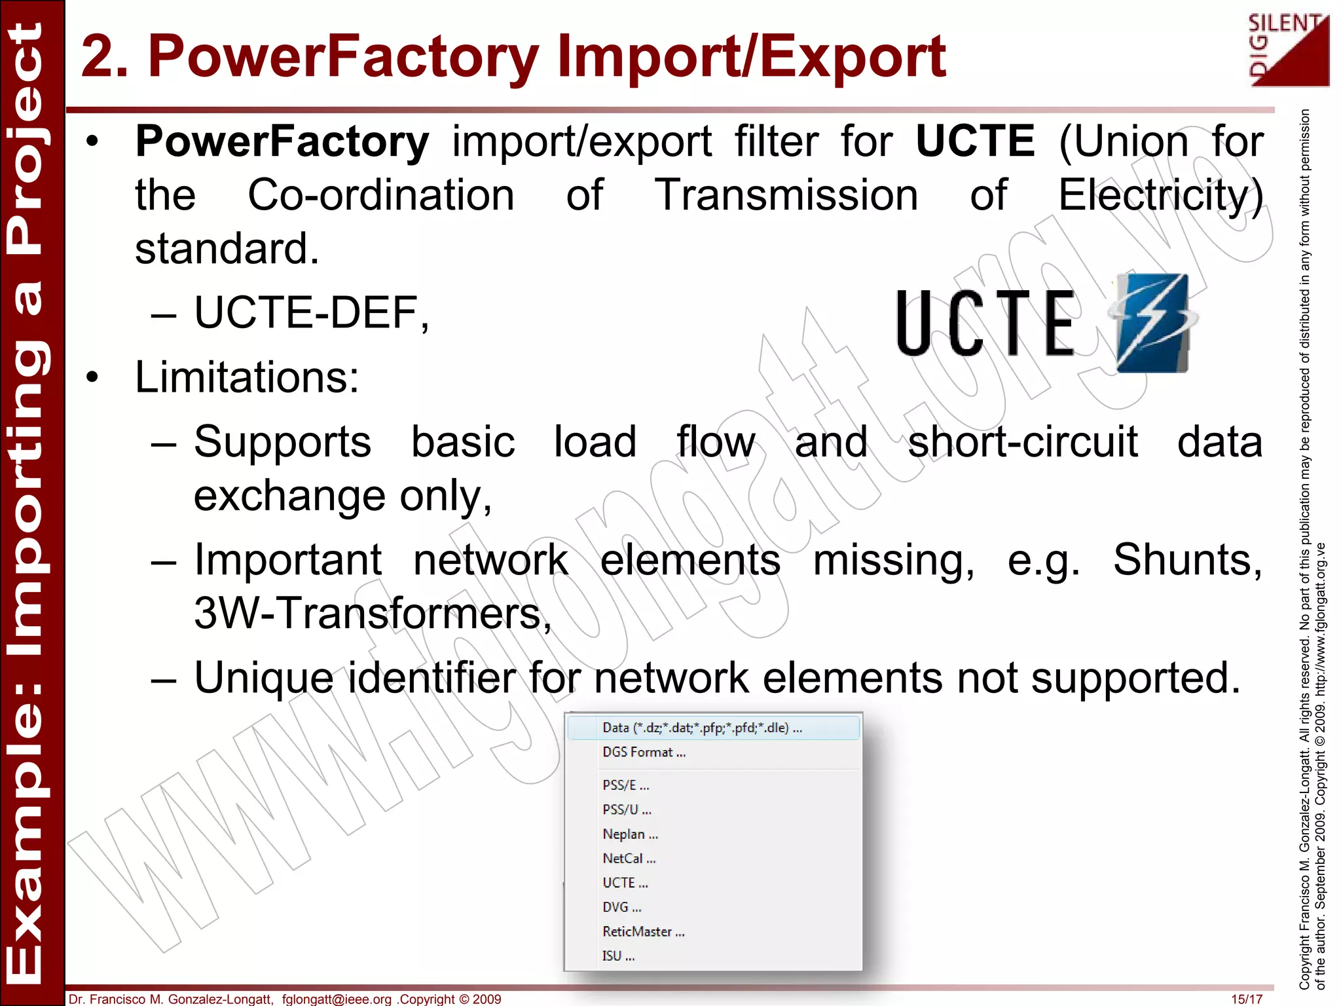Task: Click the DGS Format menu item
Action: (644, 753)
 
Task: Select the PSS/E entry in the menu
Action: (626, 785)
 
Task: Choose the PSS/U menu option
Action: (627, 810)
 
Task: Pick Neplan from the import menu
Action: (630, 834)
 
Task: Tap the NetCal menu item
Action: (629, 859)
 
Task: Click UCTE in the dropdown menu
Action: (625, 883)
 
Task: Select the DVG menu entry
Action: (621, 908)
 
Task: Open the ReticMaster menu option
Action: (643, 932)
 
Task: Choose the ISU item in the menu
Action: (618, 956)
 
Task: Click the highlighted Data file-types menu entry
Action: (702, 728)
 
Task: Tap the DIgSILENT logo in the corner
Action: (1289, 51)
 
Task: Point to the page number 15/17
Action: (1246, 999)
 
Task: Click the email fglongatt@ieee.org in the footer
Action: (337, 999)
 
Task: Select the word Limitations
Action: (247, 377)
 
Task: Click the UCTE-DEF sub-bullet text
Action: (312, 312)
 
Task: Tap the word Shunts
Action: (1187, 560)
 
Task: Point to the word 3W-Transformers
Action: (373, 614)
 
